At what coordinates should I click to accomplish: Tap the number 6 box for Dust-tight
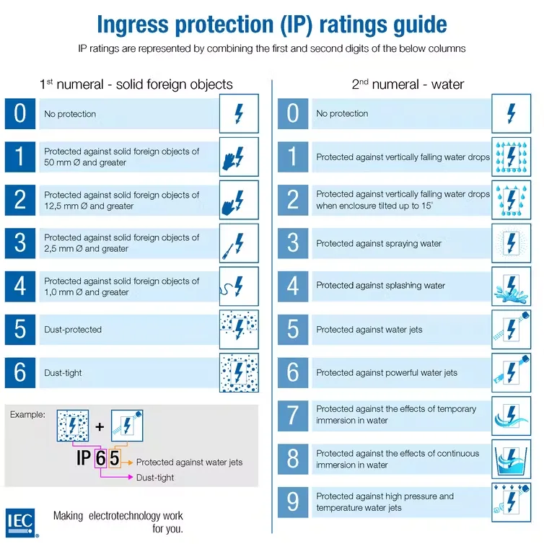coord(20,372)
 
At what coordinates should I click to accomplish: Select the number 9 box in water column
coord(293,502)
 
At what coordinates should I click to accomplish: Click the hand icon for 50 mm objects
coord(239,157)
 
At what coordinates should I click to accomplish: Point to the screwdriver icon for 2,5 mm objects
coord(239,243)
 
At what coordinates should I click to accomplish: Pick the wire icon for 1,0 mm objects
coord(239,286)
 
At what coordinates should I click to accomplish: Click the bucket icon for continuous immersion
coord(512,459)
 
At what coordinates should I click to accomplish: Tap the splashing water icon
coord(512,286)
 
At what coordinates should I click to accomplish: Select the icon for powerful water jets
coord(512,372)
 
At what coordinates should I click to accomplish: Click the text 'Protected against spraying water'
coord(379,243)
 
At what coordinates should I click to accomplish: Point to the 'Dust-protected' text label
coord(73,330)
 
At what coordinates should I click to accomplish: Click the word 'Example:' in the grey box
coord(27,415)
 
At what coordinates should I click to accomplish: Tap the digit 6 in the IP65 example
coord(102,458)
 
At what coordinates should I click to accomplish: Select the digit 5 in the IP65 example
coord(114,458)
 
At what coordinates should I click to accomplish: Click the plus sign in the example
coord(100,426)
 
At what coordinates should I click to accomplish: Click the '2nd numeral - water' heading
coord(408,84)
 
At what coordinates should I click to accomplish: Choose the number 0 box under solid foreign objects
coord(20,113)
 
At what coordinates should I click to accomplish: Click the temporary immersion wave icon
coord(512,415)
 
